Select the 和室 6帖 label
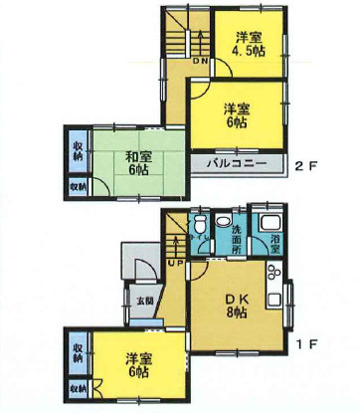point(137,161)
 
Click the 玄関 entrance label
point(145,299)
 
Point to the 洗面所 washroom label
point(234,236)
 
